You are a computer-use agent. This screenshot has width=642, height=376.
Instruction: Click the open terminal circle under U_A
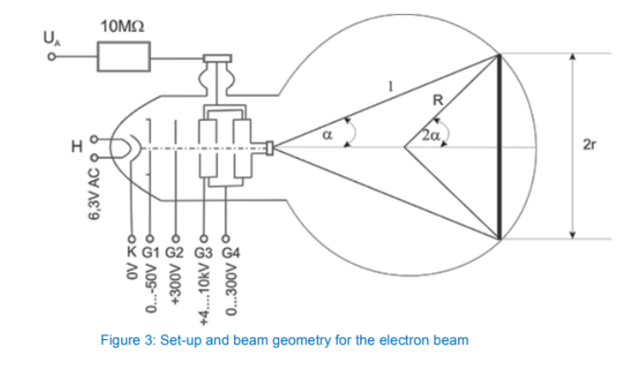coord(51,58)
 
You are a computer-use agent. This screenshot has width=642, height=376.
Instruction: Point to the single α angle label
coord(330,130)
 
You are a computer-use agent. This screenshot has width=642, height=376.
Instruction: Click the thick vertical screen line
coord(499,145)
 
